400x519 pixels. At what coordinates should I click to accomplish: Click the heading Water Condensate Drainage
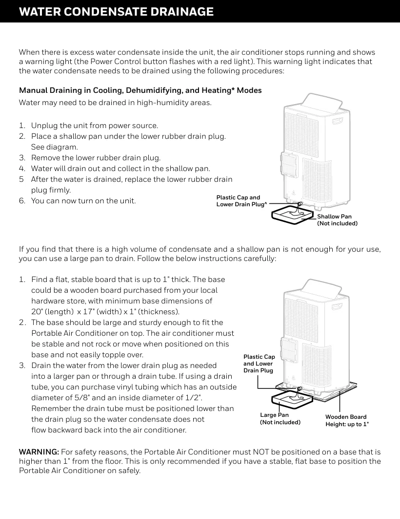(116, 12)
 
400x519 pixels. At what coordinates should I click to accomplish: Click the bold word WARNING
(39, 452)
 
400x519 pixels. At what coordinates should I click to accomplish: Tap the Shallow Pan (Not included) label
(337, 220)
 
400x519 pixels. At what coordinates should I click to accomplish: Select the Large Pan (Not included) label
(280, 418)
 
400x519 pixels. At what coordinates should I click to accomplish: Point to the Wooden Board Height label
(347, 420)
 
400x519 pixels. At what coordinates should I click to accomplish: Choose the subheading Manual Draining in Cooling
(140, 90)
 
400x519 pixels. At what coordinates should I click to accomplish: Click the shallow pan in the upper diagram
(293, 214)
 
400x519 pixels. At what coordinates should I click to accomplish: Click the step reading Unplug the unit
(95, 126)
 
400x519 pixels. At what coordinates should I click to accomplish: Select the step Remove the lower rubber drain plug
(96, 158)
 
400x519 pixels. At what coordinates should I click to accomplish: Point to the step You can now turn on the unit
(83, 201)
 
